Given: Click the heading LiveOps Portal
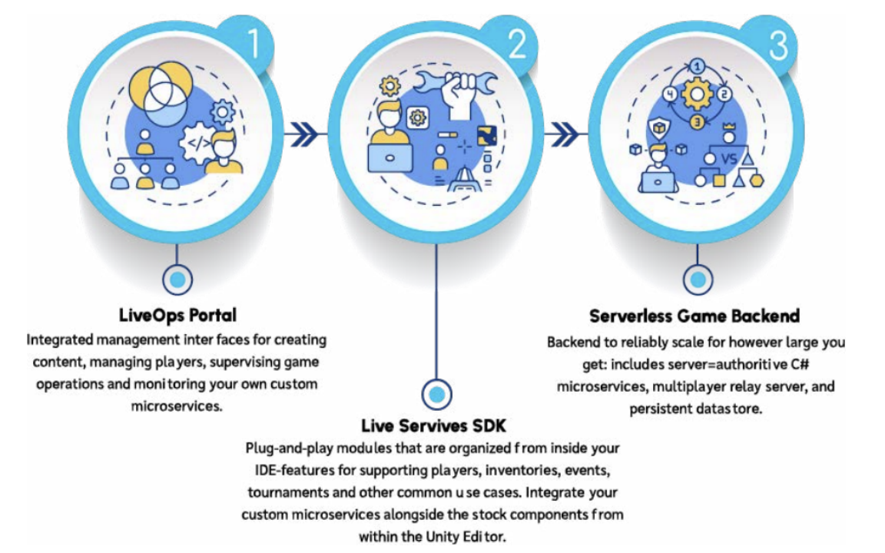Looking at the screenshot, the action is tap(177, 315).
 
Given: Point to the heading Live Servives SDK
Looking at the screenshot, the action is tap(433, 426).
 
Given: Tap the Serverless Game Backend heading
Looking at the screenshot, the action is tap(694, 316).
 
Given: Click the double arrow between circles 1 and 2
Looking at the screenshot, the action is tap(303, 134).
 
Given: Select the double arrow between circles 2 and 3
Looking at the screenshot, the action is tap(565, 134).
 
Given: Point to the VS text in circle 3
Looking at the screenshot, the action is tap(729, 158).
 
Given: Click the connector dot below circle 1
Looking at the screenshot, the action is tap(177, 280).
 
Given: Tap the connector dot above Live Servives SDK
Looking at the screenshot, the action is tap(436, 394).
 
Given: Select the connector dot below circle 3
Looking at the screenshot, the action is tap(698, 280).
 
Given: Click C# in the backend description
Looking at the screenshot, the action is tap(800, 364).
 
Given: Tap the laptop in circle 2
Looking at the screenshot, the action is tap(389, 157).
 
